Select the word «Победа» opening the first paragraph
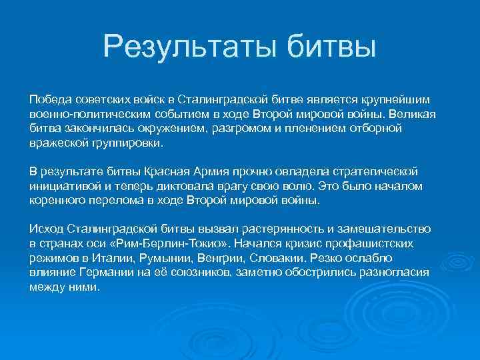pyautogui.click(x=49, y=99)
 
